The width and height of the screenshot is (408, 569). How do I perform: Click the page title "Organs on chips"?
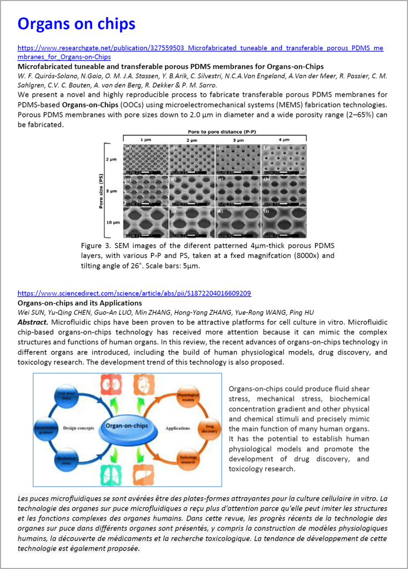coord(76,24)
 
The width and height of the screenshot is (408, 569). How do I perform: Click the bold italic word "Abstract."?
coord(34,322)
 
